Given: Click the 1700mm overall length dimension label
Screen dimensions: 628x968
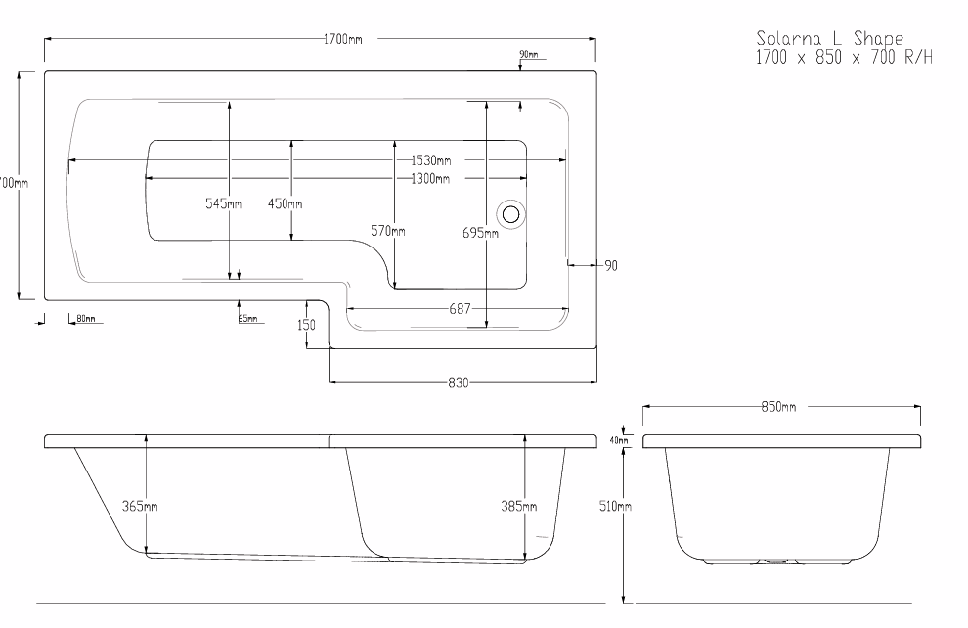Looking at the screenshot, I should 342,39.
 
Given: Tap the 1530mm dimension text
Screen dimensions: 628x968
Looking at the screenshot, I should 430,160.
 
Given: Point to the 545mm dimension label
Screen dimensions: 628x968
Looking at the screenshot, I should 222,203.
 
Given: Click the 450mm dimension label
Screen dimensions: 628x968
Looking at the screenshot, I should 285,203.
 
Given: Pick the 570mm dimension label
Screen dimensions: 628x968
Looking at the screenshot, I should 387,231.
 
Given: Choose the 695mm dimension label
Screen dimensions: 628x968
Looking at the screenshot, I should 480,232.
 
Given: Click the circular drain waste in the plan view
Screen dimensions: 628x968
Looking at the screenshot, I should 510,213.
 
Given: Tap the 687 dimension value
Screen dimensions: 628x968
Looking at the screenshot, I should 459,309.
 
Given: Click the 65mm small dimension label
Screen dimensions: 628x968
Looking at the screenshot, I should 247,319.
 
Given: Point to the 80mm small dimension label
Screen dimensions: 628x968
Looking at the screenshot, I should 85,319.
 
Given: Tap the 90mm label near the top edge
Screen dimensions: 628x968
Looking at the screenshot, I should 528,54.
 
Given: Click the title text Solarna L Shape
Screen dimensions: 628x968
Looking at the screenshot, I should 829,38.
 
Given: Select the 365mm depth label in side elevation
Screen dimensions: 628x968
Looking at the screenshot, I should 140,506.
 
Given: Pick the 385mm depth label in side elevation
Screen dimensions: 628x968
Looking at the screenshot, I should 518,506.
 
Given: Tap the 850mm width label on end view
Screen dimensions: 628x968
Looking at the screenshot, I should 779,406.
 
